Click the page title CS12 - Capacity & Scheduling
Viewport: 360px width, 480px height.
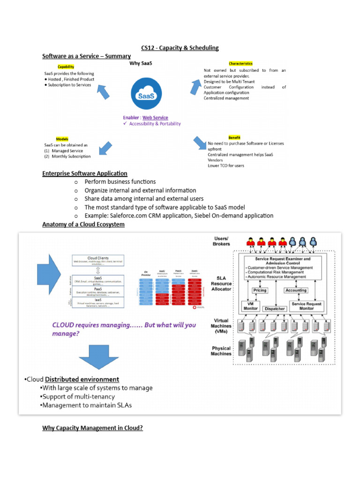click(x=180, y=48)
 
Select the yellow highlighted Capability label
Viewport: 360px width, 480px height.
click(x=66, y=67)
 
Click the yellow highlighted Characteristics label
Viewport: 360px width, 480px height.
click(x=240, y=63)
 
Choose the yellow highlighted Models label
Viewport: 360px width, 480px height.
click(x=62, y=139)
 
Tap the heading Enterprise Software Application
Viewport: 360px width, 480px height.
click(x=84, y=173)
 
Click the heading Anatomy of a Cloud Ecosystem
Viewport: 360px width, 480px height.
click(x=83, y=225)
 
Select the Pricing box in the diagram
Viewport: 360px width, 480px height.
click(x=260, y=290)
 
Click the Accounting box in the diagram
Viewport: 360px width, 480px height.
click(x=296, y=290)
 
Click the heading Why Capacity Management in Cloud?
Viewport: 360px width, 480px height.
click(x=92, y=428)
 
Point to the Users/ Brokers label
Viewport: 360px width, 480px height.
click(x=222, y=241)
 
